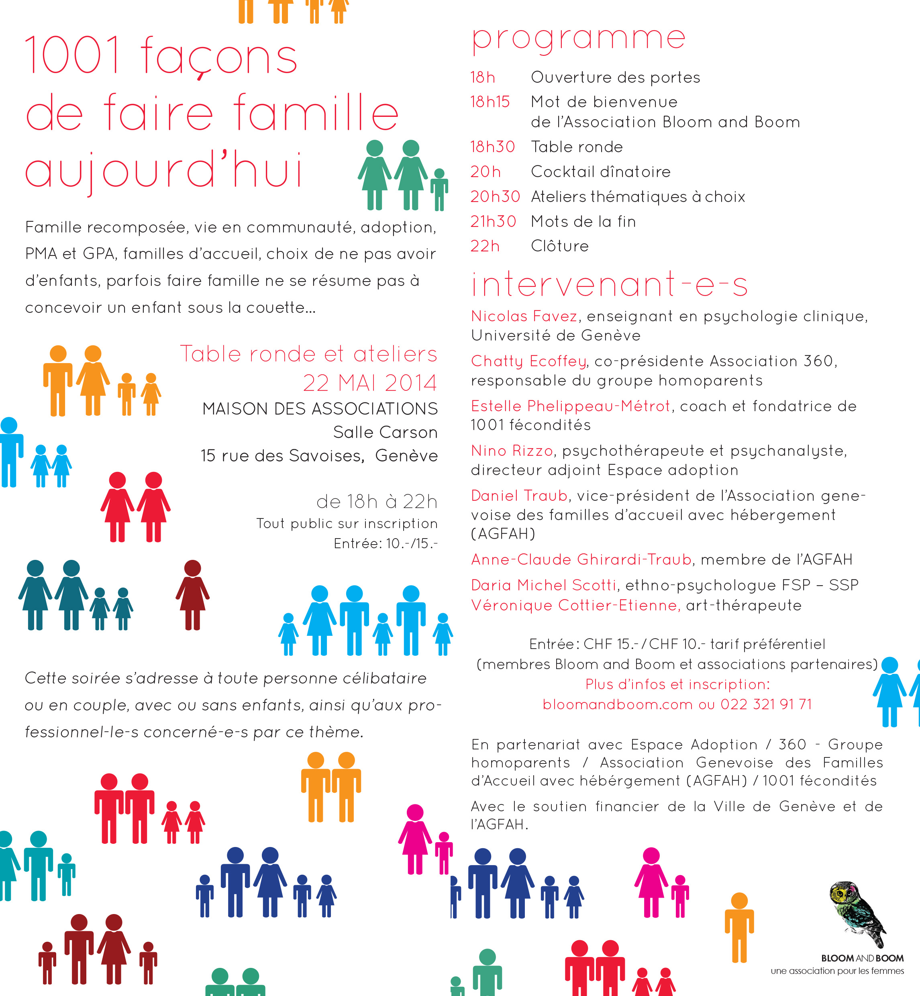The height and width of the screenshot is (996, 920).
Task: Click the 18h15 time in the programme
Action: pyautogui.click(x=490, y=102)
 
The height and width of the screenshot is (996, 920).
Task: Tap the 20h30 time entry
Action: pyautogui.click(x=495, y=197)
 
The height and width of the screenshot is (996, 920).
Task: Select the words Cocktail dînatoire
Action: pyautogui.click(x=600, y=172)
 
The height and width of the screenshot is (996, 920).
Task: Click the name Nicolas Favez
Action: pyautogui.click(x=524, y=316)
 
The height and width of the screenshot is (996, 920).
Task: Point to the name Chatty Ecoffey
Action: pyautogui.click(x=528, y=361)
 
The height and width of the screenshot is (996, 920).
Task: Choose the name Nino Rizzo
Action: pyautogui.click(x=512, y=451)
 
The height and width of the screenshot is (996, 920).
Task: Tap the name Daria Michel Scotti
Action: pyautogui.click(x=544, y=585)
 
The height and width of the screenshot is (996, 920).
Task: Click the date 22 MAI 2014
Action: pyautogui.click(x=370, y=383)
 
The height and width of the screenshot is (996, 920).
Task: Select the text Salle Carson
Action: pyautogui.click(x=385, y=432)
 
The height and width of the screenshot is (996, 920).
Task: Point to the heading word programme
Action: pyautogui.click(x=579, y=38)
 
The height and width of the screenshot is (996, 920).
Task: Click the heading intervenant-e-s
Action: pyautogui.click(x=609, y=284)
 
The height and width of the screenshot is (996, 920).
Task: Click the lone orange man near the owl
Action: pyautogui.click(x=739, y=926)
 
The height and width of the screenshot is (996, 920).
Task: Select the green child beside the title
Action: pyautogui.click(x=439, y=190)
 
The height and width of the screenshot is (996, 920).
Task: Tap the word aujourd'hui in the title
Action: pyautogui.click(x=164, y=171)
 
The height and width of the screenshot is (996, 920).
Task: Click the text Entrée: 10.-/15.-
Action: pyautogui.click(x=386, y=544)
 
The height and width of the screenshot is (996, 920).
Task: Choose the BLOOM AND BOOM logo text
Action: pyautogui.click(x=862, y=958)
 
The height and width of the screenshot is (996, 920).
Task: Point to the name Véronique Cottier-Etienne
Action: pyautogui.click(x=575, y=606)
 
